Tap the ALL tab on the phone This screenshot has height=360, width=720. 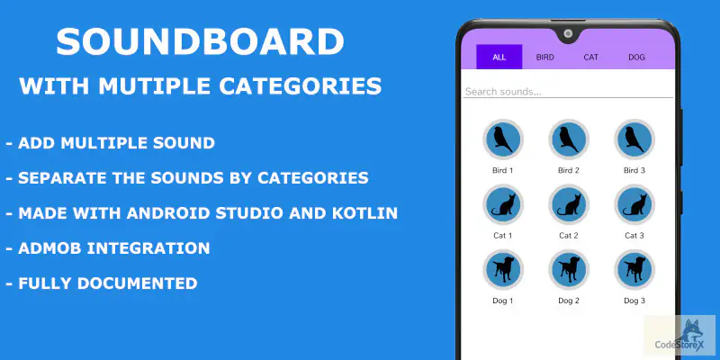[x=499, y=57]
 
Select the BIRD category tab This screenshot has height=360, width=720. [x=545, y=57]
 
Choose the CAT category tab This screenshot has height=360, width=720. [x=590, y=57]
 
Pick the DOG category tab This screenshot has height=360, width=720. [x=636, y=57]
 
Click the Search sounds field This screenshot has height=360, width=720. [x=567, y=91]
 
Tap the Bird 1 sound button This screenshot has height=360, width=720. [x=502, y=139]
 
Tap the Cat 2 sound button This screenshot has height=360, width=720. [x=569, y=204]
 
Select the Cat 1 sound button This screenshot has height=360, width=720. [x=502, y=204]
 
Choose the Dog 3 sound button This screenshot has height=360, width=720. [x=634, y=269]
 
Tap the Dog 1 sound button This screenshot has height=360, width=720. [x=502, y=269]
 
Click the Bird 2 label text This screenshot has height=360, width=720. [x=569, y=170]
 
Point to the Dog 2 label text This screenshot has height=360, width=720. [x=569, y=301]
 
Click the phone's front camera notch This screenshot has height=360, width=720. [x=569, y=34]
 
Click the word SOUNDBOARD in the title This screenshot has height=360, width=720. [x=200, y=43]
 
